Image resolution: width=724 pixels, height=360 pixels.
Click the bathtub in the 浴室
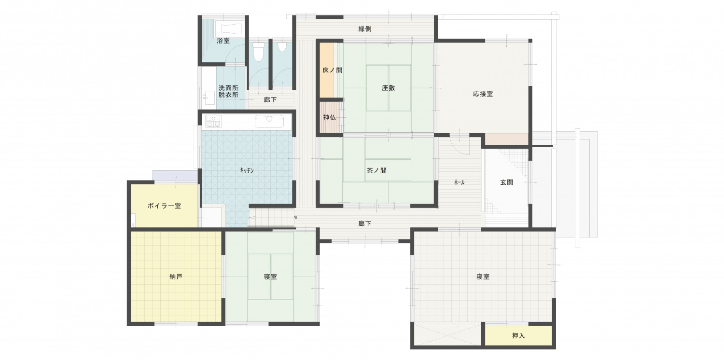tap(232, 28)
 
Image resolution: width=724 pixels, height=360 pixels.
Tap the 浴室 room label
tap(223, 41)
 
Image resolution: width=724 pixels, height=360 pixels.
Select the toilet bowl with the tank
tap(258, 51)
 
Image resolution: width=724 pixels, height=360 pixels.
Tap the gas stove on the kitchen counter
tap(213, 121)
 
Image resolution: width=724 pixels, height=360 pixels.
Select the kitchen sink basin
tap(269, 122)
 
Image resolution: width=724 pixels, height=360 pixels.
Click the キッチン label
tap(247, 171)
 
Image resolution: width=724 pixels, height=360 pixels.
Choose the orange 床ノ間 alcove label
tap(332, 70)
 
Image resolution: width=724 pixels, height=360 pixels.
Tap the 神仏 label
tap(329, 117)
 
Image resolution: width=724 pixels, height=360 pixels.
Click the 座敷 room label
tap(388, 88)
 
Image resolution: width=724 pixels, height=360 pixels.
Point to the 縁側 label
tap(365, 29)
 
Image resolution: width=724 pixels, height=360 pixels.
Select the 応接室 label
tap(483, 94)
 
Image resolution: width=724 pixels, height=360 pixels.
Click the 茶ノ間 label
tap(376, 170)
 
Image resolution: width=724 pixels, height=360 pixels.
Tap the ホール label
tap(459, 182)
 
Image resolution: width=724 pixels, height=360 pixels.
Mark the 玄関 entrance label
tap(506, 182)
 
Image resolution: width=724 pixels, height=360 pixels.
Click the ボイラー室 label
tap(164, 206)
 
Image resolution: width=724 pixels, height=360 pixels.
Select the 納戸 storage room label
tap(176, 277)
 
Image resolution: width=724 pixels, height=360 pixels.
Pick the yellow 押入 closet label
tap(518, 336)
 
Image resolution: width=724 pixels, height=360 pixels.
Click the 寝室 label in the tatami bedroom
tap(270, 277)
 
